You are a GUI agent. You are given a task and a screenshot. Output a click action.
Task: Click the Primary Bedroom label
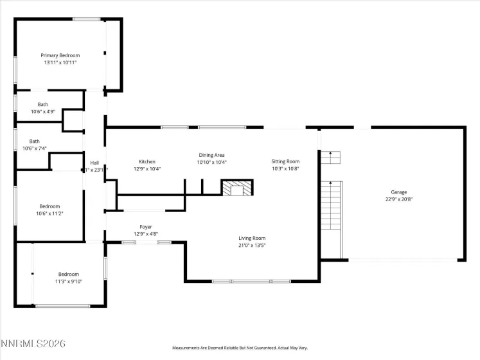click(60, 55)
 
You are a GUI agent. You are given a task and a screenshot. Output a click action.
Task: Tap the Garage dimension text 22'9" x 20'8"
click(399, 199)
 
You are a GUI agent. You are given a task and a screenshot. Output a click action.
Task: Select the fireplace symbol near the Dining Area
click(237, 188)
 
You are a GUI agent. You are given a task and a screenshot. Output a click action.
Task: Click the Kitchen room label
click(147, 161)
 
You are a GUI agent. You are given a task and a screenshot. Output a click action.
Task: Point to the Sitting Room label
click(285, 161)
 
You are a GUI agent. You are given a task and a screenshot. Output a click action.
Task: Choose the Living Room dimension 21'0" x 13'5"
click(252, 245)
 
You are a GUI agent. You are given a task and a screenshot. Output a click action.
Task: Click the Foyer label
click(147, 227)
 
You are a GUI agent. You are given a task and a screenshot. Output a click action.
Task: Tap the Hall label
click(94, 163)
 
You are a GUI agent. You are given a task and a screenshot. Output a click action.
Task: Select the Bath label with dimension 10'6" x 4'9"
click(42, 104)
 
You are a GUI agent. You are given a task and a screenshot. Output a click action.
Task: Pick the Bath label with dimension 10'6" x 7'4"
click(34, 141)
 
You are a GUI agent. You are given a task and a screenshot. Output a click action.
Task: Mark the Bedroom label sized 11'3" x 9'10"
click(69, 274)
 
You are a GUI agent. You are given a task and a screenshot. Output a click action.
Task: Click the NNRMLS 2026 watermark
click(33, 345)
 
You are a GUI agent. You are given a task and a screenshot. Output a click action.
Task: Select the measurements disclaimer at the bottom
click(240, 348)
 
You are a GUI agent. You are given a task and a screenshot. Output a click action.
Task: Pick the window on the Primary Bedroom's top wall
click(86, 19)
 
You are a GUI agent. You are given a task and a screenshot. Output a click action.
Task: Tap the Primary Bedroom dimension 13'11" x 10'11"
click(60, 63)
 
